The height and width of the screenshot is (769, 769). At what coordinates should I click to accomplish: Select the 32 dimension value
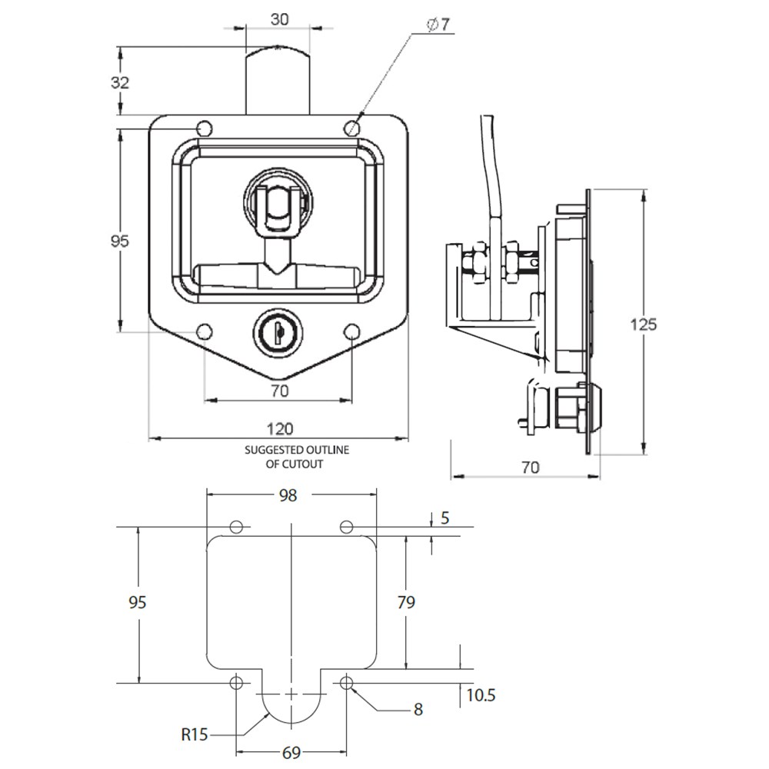tap(120, 83)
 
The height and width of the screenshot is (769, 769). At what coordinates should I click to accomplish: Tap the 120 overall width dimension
tap(278, 428)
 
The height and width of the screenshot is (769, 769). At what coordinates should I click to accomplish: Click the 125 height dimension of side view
tap(643, 324)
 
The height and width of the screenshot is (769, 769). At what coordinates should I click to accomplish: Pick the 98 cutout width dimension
tap(288, 496)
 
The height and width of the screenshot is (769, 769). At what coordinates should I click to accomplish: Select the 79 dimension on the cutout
tap(405, 602)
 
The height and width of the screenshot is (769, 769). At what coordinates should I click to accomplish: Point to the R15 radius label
tap(195, 734)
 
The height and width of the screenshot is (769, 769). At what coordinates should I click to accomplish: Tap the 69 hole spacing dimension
tap(291, 752)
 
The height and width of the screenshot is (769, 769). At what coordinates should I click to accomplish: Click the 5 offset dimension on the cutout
tap(444, 518)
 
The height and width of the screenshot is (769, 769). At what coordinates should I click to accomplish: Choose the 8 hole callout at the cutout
tap(418, 709)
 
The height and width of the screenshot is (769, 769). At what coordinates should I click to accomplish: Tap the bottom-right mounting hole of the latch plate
tap(351, 331)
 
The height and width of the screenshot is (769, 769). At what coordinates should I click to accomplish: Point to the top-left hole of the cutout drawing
tap(237, 527)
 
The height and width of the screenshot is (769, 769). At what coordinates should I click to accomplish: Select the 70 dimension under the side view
tap(531, 467)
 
